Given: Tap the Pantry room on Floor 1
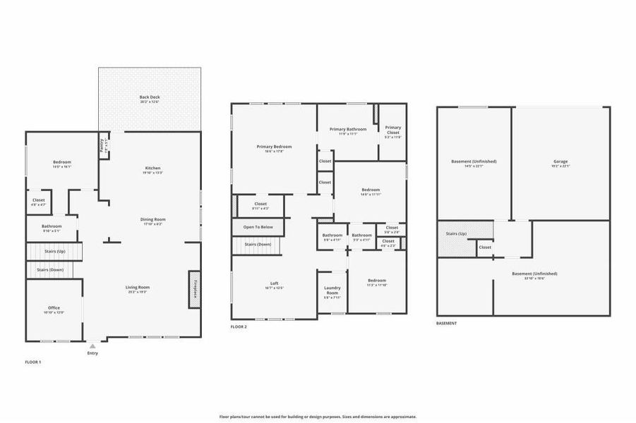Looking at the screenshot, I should pyautogui.click(x=103, y=147).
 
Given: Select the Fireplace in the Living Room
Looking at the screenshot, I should pyautogui.click(x=193, y=289).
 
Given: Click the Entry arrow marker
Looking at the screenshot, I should pyautogui.click(x=92, y=346).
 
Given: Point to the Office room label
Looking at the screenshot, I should pyautogui.click(x=54, y=308).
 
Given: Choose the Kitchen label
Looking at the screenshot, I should pyautogui.click(x=153, y=168).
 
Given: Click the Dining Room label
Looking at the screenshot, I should pyautogui.click(x=152, y=220).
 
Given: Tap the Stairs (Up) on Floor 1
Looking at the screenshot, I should pyautogui.click(x=55, y=250).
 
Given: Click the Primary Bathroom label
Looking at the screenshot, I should pyautogui.click(x=348, y=129).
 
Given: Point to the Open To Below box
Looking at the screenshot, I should pyautogui.click(x=258, y=227).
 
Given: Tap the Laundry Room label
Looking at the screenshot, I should pyautogui.click(x=332, y=290).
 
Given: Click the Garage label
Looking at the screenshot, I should pyautogui.click(x=560, y=161).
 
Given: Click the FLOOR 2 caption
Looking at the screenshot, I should pyautogui.click(x=239, y=327).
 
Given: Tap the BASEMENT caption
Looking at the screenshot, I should pyautogui.click(x=446, y=324).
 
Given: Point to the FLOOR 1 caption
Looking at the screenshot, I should pyautogui.click(x=33, y=362).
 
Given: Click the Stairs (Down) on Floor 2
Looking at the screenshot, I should pyautogui.click(x=257, y=245).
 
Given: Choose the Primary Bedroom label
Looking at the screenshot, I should pyautogui.click(x=274, y=147).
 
